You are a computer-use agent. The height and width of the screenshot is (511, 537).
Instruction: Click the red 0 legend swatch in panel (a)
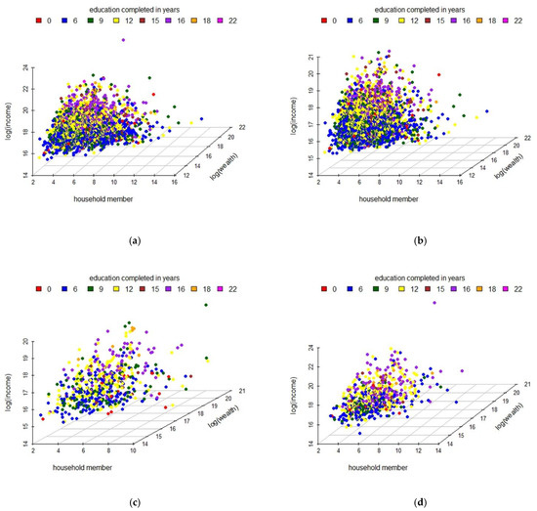(x=37, y=20)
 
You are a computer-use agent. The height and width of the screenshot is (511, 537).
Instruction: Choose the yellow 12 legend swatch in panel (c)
(x=115, y=289)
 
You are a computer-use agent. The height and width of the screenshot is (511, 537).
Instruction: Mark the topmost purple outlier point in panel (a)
(x=123, y=40)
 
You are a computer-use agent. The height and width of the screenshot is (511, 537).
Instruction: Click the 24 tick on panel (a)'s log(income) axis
(x=27, y=67)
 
